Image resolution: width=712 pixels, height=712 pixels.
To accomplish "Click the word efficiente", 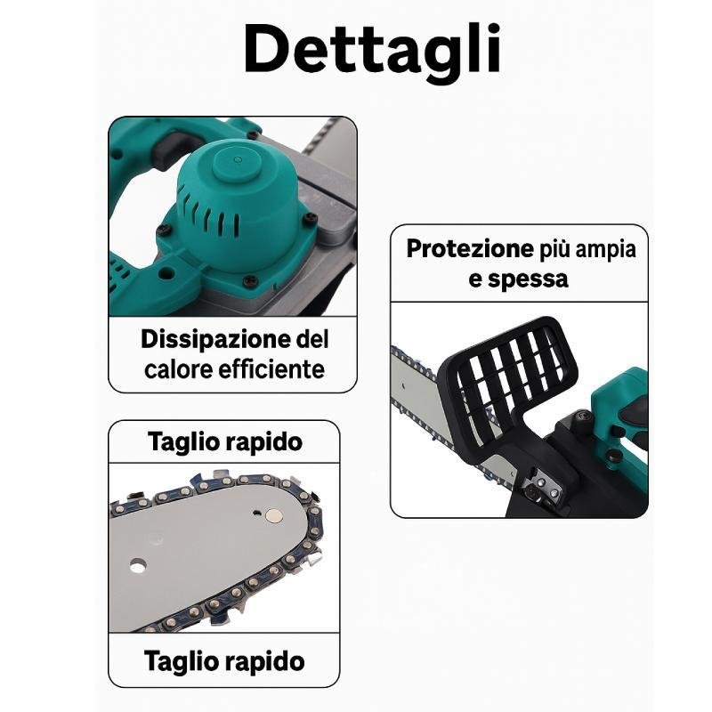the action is (271, 368).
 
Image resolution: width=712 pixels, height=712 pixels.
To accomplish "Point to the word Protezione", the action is (470, 248).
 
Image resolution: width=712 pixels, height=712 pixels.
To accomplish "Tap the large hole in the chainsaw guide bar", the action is (138, 565).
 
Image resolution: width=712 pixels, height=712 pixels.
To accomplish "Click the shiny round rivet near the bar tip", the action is (274, 515).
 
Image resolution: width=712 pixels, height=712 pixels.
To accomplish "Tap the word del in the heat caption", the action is (312, 340).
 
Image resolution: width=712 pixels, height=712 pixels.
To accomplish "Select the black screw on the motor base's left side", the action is (162, 231).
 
